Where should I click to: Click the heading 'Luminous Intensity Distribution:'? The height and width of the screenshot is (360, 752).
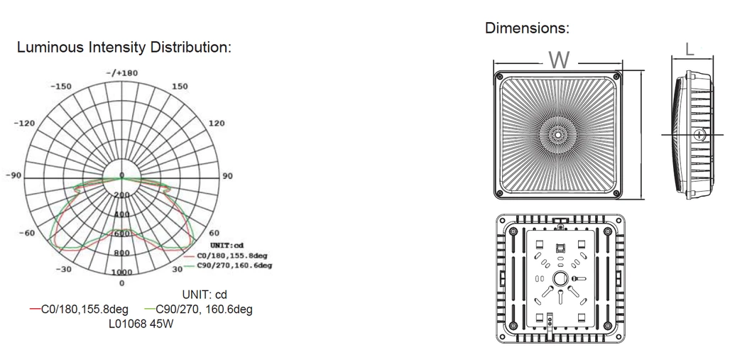click(124, 48)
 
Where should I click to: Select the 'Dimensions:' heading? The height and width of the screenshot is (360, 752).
click(527, 28)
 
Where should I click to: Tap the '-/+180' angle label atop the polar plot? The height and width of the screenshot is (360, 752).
click(121, 72)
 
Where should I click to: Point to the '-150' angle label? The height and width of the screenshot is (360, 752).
click(60, 86)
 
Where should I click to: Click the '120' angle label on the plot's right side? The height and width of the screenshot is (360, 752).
click(216, 123)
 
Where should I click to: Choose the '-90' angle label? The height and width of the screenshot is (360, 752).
click(13, 175)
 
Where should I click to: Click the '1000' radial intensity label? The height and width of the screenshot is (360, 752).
click(121, 272)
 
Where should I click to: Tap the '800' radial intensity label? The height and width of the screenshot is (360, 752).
click(121, 253)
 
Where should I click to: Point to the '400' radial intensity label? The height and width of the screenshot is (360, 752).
click(121, 214)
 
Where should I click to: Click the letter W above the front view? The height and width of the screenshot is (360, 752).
click(560, 60)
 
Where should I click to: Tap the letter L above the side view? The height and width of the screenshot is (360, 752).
click(690, 50)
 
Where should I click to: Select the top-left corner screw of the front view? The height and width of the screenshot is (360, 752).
click(501, 76)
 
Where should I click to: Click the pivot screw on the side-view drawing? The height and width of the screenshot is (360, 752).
click(699, 133)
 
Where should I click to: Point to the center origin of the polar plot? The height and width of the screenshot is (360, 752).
click(121, 175)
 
